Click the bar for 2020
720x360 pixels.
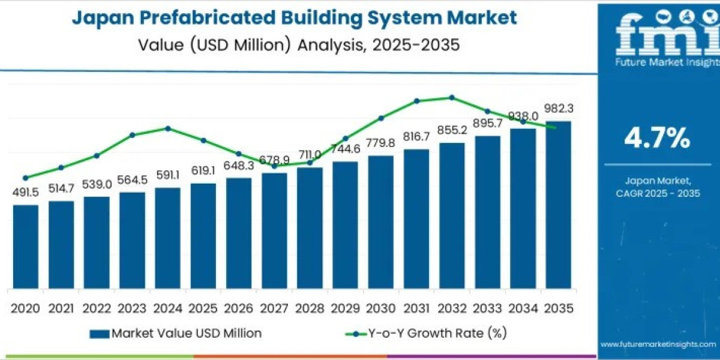(x=26, y=246)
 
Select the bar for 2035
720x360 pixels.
(x=558, y=204)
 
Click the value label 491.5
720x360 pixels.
(x=26, y=193)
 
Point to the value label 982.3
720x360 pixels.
(x=559, y=109)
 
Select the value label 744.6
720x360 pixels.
(x=345, y=149)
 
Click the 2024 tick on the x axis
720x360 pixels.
(x=167, y=308)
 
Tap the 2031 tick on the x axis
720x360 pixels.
(x=416, y=308)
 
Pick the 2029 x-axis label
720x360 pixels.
(x=345, y=308)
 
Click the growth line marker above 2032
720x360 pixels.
(x=452, y=97)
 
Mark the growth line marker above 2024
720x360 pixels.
(x=168, y=128)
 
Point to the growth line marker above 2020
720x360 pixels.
(x=25, y=178)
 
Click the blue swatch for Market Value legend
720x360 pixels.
(x=98, y=334)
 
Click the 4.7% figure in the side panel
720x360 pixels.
(x=657, y=139)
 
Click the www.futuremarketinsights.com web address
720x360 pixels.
(x=658, y=344)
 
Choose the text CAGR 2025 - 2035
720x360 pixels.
(x=658, y=193)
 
